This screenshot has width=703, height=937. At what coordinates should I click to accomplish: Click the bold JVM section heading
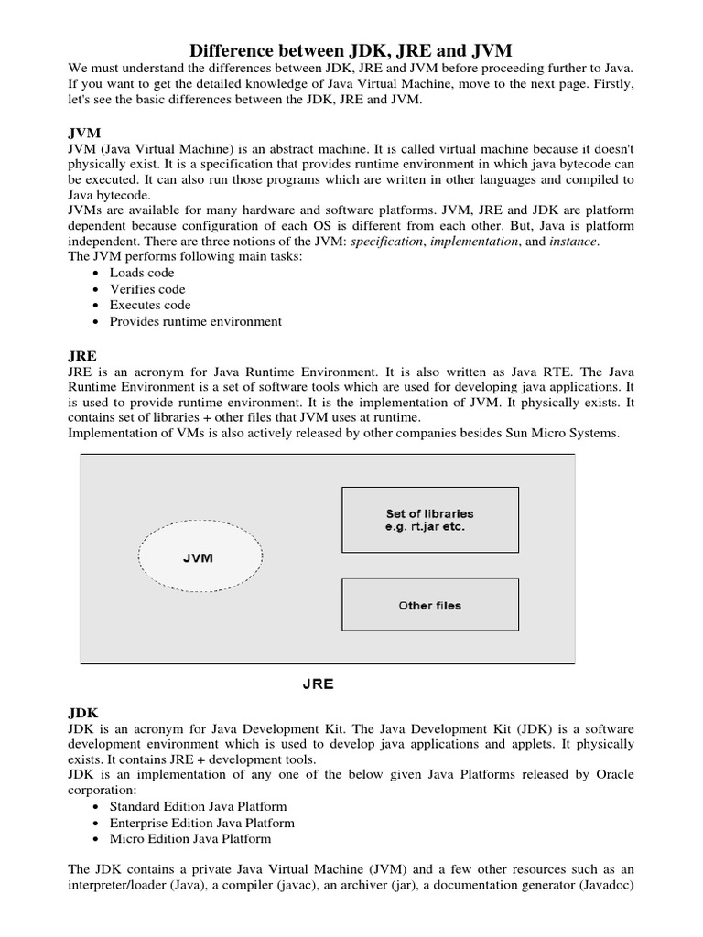85,133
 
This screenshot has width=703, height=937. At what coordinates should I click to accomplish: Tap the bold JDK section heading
84,711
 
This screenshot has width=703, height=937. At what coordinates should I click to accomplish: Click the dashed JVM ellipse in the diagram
200,557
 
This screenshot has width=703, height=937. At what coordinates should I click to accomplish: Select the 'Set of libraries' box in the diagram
429,520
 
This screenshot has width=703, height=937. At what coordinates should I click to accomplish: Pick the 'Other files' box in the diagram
429,606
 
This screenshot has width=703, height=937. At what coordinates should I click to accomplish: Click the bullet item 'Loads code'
142,273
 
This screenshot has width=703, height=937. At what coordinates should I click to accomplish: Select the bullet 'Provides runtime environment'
195,322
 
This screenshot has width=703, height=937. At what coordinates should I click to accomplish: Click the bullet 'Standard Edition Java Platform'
198,806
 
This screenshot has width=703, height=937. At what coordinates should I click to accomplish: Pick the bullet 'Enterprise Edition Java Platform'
202,823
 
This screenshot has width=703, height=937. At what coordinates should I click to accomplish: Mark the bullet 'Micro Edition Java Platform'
189,838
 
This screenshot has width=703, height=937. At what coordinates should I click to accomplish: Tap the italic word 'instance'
574,241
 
